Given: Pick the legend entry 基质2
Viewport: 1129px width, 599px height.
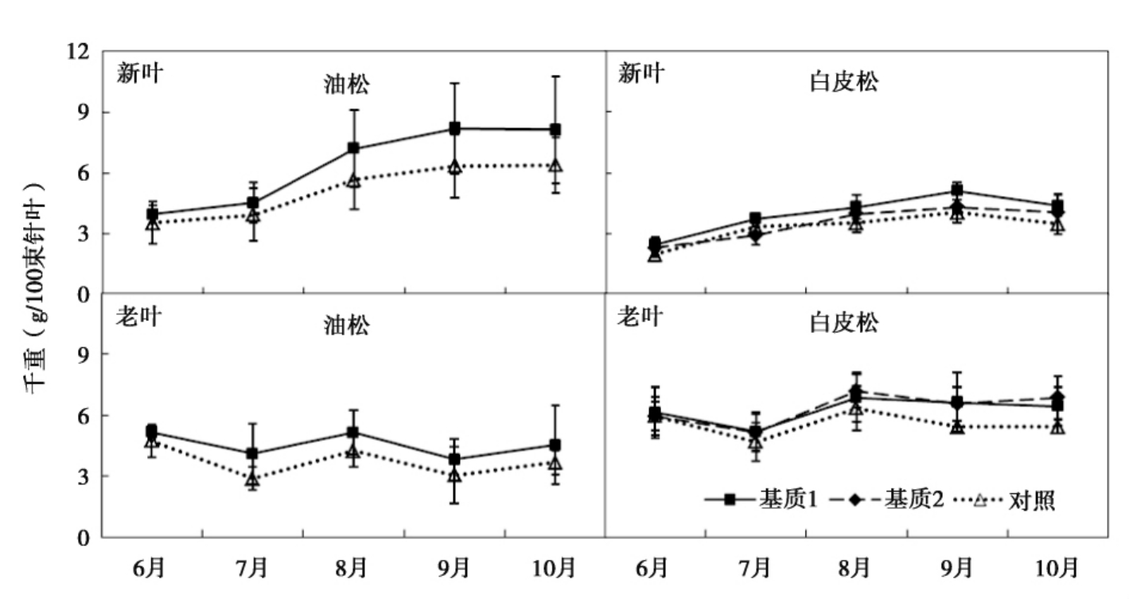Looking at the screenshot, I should point(909,500).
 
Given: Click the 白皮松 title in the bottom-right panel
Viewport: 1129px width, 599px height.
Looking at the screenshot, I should point(844,323).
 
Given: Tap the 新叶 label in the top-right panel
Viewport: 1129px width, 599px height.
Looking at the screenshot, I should point(641,73).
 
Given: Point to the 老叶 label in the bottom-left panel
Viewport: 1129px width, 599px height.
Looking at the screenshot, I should point(139,316).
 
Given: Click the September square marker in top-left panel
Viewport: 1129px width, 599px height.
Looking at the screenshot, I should point(454,128).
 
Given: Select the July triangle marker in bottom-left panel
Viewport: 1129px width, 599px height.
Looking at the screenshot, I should point(252,480).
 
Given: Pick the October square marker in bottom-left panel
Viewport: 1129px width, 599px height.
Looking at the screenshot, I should point(555,444).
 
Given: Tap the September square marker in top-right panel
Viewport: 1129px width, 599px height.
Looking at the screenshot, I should point(957,190).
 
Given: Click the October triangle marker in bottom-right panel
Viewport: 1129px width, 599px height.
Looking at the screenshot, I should point(1057,427).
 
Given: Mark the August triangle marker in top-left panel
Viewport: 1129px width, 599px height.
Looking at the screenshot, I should point(353,181).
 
